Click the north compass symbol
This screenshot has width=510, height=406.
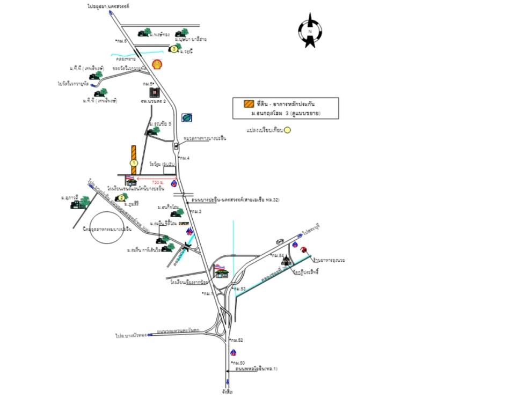[310, 31]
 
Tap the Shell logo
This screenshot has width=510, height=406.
[157, 64]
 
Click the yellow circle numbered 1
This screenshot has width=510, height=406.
[134, 163]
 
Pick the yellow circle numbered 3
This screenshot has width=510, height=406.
[174, 49]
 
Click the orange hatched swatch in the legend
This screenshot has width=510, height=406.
[248, 104]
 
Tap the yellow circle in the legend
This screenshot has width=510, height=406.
[287, 130]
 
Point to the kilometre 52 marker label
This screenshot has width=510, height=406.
[237, 341]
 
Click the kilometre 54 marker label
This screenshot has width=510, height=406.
[278, 255]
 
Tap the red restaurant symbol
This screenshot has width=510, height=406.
[304, 249]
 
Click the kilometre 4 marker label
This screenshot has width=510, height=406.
[185, 158]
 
